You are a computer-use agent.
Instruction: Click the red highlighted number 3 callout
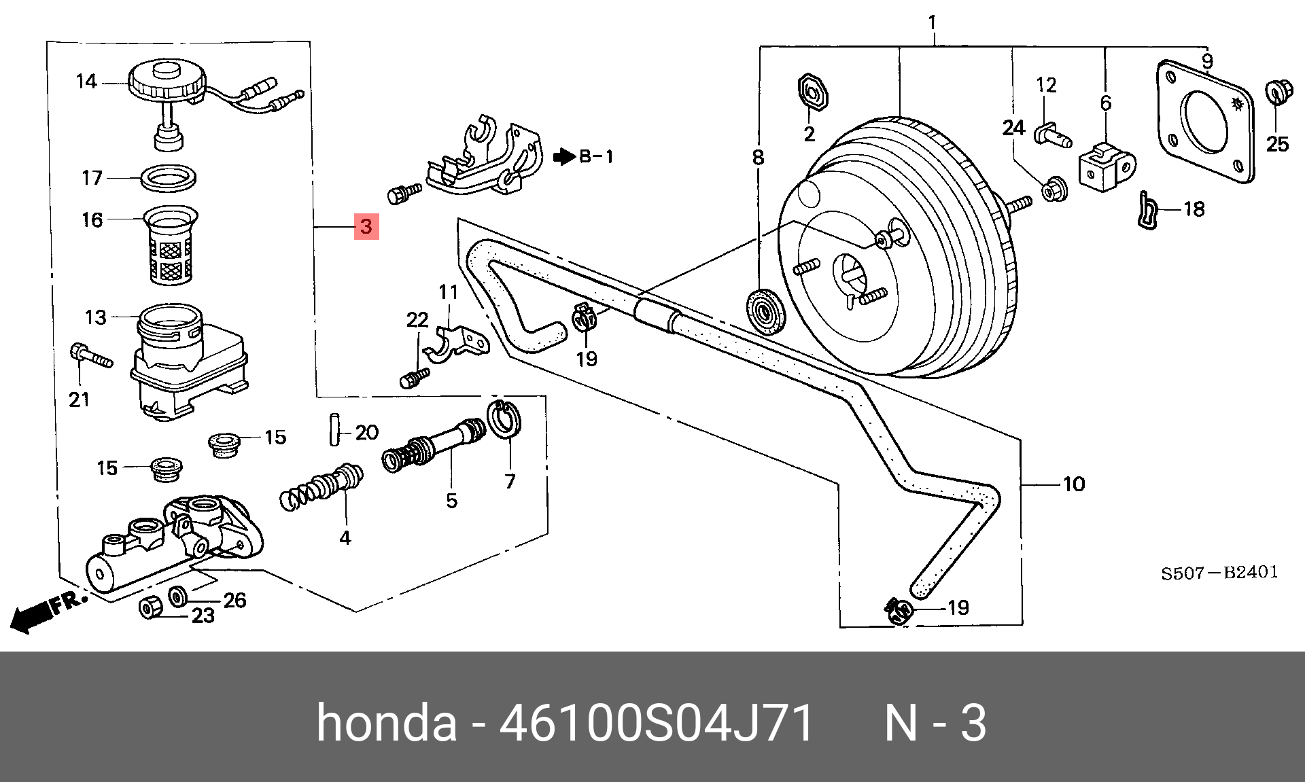click(x=366, y=226)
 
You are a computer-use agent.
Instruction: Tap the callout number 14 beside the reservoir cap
click(x=86, y=82)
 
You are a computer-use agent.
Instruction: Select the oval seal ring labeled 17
click(x=169, y=179)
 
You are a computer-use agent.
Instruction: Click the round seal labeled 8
click(x=766, y=312)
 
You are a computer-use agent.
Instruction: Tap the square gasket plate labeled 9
click(x=1204, y=123)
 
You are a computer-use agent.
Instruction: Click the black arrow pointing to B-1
click(x=564, y=157)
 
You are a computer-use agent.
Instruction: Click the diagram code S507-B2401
click(x=1219, y=573)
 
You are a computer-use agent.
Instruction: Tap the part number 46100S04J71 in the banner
click(x=657, y=723)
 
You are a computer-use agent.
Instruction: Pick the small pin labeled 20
click(x=334, y=430)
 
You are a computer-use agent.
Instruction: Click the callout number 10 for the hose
click(x=1073, y=484)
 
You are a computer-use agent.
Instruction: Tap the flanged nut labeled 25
click(x=1274, y=93)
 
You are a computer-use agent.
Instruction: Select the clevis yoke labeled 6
click(x=1106, y=167)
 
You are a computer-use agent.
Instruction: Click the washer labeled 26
click(x=178, y=596)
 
